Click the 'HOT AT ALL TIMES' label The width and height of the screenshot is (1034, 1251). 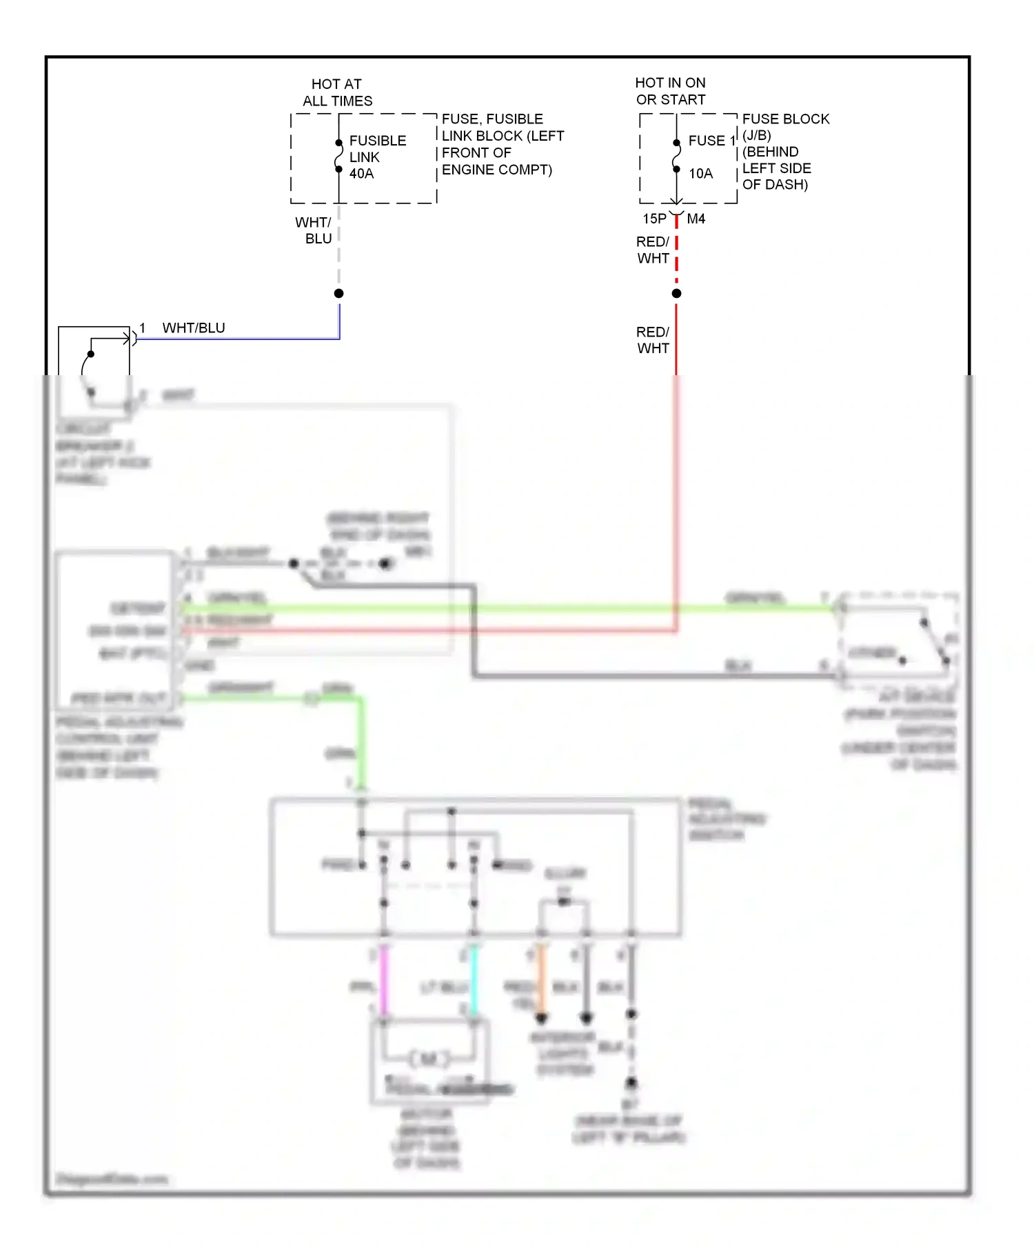click(337, 92)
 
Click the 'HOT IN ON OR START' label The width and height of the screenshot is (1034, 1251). click(670, 91)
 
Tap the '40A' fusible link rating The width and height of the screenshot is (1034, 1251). click(361, 174)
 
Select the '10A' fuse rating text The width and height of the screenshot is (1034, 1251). click(700, 174)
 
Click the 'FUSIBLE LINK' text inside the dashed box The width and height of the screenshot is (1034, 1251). click(377, 149)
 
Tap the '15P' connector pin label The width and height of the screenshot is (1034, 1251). click(654, 219)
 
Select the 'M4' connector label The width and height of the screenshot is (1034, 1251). click(696, 219)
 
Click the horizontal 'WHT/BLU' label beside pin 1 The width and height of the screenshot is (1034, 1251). click(194, 328)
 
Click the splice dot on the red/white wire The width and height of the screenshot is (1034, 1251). click(676, 294)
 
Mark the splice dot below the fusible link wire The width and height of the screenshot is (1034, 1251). click(338, 294)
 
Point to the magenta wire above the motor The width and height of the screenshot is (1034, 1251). click(384, 979)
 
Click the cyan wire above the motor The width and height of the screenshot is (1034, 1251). click(474, 979)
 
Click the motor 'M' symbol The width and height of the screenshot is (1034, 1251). click(429, 1059)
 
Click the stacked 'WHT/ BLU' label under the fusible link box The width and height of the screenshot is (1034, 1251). click(315, 230)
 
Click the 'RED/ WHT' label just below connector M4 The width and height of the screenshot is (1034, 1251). click(653, 250)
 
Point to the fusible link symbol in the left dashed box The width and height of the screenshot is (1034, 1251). click(338, 157)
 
